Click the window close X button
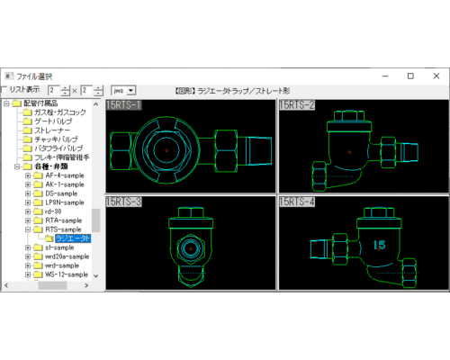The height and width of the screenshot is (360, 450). pyautogui.click(x=433, y=76)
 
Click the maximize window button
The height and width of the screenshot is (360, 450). pyautogui.click(x=410, y=76)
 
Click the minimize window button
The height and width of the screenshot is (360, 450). pyautogui.click(x=387, y=76)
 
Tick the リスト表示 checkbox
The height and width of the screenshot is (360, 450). pyautogui.click(x=4, y=90)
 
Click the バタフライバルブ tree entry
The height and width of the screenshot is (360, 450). pyautogui.click(x=58, y=148)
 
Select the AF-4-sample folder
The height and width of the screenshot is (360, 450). pyautogui.click(x=64, y=175)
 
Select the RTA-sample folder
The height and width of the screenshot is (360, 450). pyautogui.click(x=63, y=220)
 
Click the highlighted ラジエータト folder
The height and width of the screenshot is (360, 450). pyautogui.click(x=72, y=238)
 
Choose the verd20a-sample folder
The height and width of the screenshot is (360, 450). pyautogui.click(x=68, y=256)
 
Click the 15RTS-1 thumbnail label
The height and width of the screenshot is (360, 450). pyautogui.click(x=123, y=105)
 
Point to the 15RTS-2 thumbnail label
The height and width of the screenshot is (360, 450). pyautogui.click(x=297, y=105)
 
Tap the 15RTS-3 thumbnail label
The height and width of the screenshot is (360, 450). pyautogui.click(x=123, y=202)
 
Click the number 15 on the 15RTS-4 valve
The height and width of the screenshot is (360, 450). pyautogui.click(x=379, y=244)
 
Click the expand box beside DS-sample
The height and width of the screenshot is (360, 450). pyautogui.click(x=28, y=193)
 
